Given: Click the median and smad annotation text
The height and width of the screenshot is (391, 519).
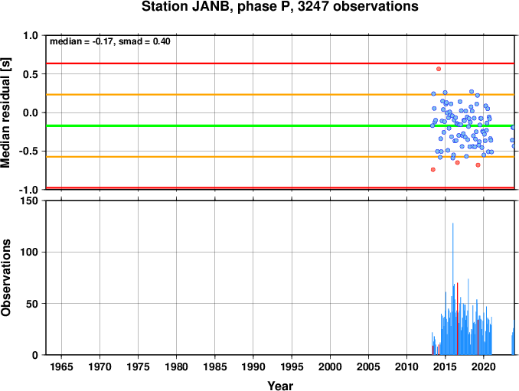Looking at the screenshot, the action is tap(110, 41).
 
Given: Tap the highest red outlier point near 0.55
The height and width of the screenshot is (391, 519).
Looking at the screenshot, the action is tap(439, 69).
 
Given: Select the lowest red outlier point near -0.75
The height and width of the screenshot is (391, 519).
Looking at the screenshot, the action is tap(433, 170).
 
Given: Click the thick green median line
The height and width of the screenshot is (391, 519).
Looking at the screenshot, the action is tap(280, 125).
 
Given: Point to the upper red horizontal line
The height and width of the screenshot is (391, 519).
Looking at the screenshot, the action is tap(280, 64).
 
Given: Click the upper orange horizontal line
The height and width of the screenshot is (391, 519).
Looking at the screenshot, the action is tap(280, 95).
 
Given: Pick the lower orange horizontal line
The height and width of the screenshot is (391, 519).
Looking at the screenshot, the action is tap(280, 156).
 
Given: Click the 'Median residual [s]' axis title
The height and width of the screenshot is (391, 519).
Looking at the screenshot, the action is tap(5, 112).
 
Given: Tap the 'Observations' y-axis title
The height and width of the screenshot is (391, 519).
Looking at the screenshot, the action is tap(5, 278).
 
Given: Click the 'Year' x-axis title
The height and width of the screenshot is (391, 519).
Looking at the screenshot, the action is tap(280, 386).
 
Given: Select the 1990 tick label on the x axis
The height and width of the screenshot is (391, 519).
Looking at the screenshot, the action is tap(253, 367).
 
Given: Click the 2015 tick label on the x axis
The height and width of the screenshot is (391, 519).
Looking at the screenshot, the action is tap(446, 367).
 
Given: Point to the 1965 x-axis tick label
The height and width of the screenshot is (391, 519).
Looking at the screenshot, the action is tap(61, 367).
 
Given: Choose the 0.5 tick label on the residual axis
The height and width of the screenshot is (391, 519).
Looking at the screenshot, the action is tap(31, 74).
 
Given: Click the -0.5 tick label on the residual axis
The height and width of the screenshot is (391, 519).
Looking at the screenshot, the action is tap(28, 152).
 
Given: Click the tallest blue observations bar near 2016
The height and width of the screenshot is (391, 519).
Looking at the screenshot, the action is tap(453, 288).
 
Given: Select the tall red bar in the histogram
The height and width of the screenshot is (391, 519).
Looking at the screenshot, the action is tap(458, 318).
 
